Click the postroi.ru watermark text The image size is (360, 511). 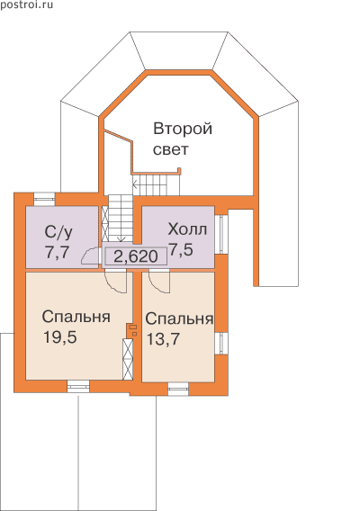click(26, 4)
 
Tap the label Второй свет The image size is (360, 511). click(183, 139)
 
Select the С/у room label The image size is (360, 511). click(59, 232)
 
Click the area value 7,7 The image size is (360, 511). click(58, 252)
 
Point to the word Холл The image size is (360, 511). click(187, 229)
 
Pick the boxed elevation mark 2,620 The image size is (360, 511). click(136, 256)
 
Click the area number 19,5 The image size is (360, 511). click(60, 337)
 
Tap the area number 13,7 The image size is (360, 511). click(163, 339)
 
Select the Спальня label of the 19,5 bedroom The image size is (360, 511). click(76, 317)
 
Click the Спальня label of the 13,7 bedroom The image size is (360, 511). click(179, 318)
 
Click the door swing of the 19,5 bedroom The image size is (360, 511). click(115, 282)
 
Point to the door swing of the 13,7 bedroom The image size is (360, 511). click(159, 282)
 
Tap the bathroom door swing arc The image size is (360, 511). click(89, 256)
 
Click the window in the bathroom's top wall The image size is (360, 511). click(45, 199)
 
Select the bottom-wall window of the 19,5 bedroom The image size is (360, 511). click(78, 387)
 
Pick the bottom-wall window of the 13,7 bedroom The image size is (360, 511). click(178, 390)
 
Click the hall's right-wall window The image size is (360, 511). click(221, 234)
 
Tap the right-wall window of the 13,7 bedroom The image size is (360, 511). click(221, 344)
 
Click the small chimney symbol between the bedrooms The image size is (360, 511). click(132, 330)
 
